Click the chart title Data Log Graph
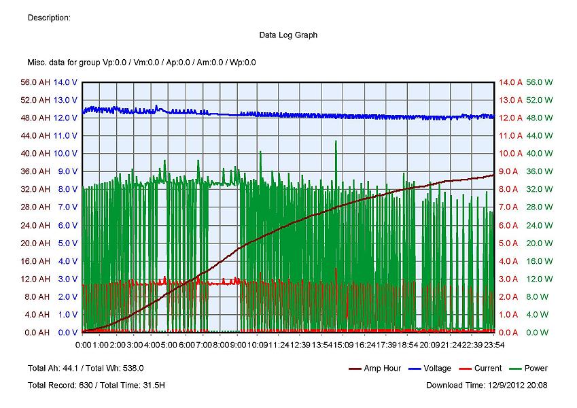[288, 35]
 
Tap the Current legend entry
[488, 369]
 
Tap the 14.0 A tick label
[510, 82]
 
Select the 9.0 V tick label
[67, 171]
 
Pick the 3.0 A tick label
[510, 279]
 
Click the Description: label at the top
[49, 18]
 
